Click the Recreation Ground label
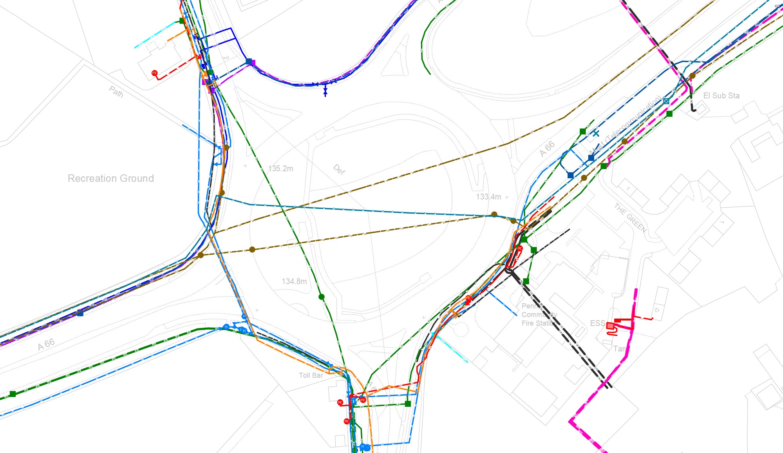click(x=111, y=178)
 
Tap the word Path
click(x=116, y=92)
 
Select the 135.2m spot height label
click(x=280, y=169)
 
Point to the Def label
click(x=339, y=169)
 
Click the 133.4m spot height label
click(x=488, y=197)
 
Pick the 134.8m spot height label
click(x=294, y=281)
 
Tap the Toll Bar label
click(x=311, y=375)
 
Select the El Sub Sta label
click(x=721, y=96)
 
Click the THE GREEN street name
click(x=630, y=217)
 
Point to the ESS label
click(x=597, y=323)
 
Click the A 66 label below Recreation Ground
click(x=46, y=344)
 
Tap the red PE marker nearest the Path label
click(x=154, y=73)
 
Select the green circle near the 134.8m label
click(x=322, y=297)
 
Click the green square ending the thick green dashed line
click(x=13, y=394)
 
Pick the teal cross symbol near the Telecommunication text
click(x=596, y=133)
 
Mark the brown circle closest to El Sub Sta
click(x=693, y=76)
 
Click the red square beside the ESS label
click(x=610, y=326)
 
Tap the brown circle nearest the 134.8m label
click(x=252, y=250)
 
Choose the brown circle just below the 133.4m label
click(x=494, y=214)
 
